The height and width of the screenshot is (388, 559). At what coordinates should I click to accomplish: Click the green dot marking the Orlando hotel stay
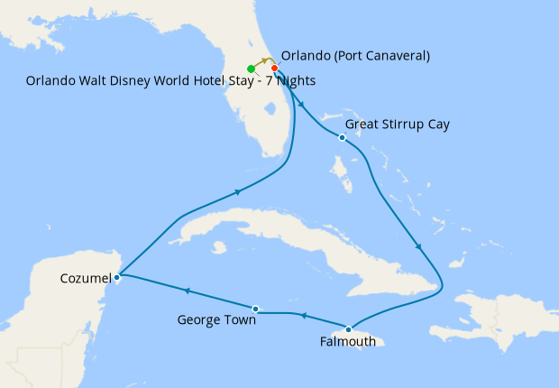click(251, 69)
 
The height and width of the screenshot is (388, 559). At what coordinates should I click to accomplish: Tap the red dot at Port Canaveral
click(274, 68)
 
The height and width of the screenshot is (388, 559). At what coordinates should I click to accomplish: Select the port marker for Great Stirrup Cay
click(342, 137)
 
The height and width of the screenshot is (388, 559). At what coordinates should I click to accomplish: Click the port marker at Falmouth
click(348, 328)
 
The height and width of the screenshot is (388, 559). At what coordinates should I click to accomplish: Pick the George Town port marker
click(256, 309)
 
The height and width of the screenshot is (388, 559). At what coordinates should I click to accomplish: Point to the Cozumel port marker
click(117, 277)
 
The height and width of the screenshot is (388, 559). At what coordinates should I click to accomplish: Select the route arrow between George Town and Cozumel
click(187, 291)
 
